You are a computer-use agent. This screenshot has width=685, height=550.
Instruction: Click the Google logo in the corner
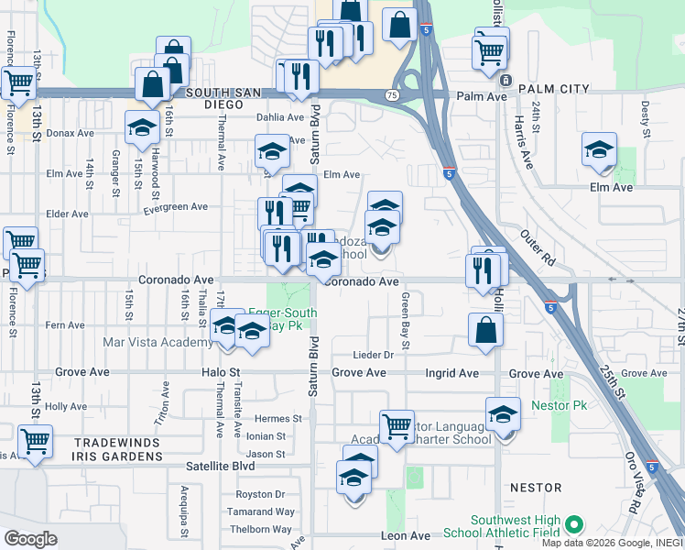click(30, 539)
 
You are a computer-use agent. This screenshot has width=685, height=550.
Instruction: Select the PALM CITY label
click(553, 89)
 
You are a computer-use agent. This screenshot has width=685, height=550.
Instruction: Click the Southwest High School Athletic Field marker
click(574, 524)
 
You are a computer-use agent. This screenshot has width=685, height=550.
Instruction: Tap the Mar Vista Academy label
click(158, 342)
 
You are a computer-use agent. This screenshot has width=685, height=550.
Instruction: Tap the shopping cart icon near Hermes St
click(396, 426)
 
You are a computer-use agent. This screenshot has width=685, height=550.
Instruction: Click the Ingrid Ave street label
click(451, 373)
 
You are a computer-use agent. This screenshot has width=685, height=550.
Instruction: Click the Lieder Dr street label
click(374, 355)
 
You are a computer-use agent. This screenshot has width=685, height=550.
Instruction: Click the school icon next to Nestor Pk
click(503, 416)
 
